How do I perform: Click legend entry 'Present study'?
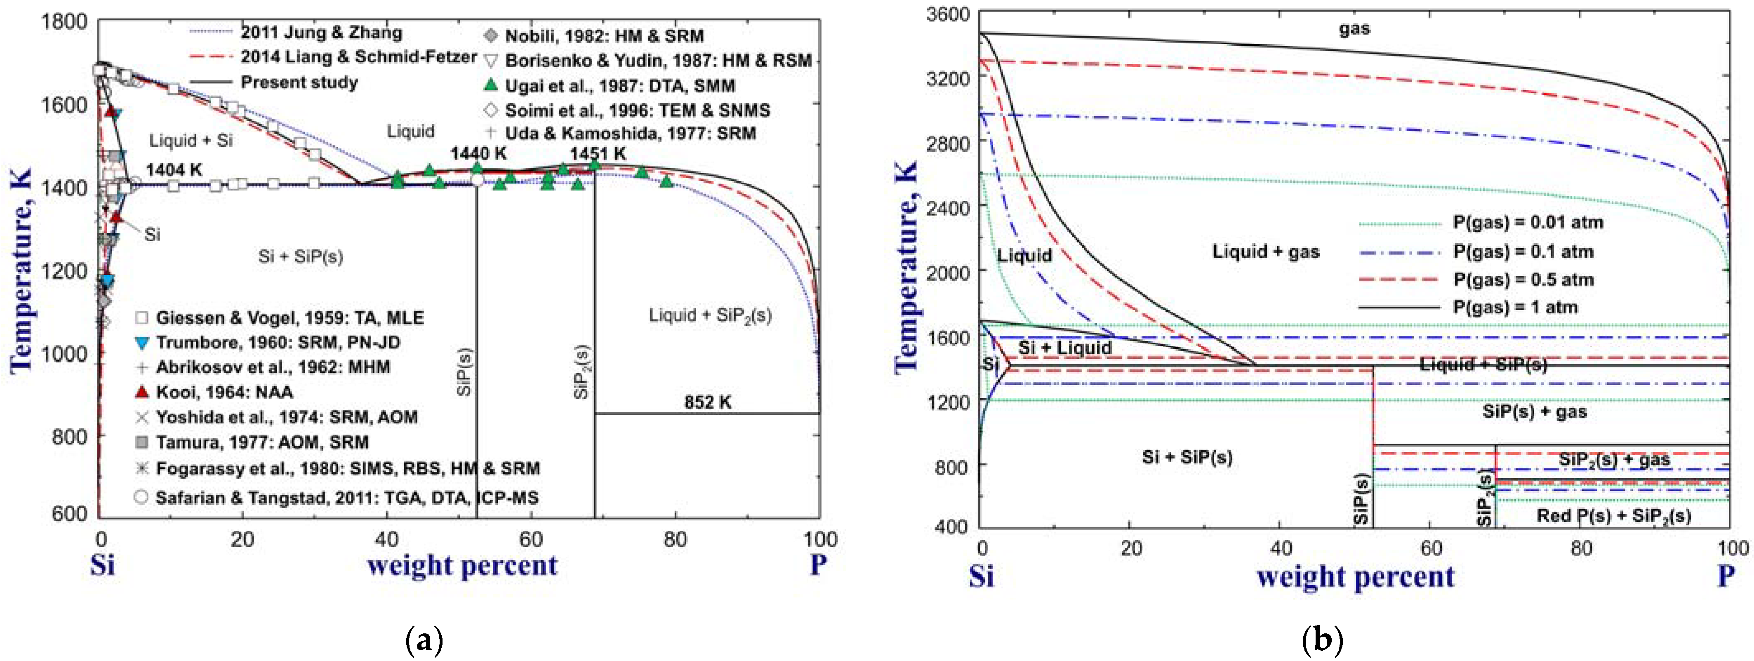[x=299, y=82]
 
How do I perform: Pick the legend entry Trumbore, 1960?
[x=277, y=342]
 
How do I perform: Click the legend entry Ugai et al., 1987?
[x=619, y=86]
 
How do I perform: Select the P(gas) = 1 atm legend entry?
[x=1515, y=308]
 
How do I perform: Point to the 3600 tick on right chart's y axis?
[x=947, y=14]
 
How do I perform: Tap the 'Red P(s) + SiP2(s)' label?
[x=1613, y=516]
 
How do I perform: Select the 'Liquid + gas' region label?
[x=1265, y=252]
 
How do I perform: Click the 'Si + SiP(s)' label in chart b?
[x=1187, y=457]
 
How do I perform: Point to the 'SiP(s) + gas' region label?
[x=1534, y=412]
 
